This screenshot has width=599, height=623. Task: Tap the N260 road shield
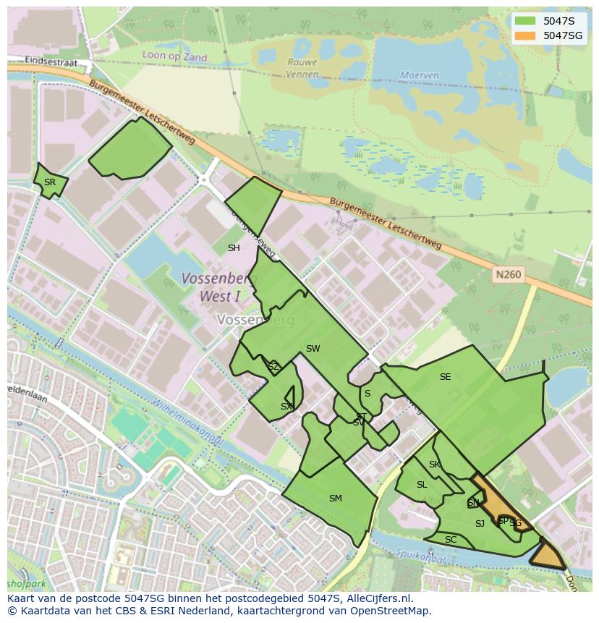(508, 275)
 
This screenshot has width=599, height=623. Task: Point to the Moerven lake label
(420, 75)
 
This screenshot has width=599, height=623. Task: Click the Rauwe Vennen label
(302, 68)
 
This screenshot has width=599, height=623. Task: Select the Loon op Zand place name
(174, 57)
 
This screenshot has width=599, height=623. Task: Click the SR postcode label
(49, 182)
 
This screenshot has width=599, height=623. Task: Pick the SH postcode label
(234, 248)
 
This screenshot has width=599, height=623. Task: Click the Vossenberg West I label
(218, 287)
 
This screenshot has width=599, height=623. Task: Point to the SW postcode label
(313, 349)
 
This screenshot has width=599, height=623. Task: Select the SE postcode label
(445, 377)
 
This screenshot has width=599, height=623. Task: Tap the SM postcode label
(335, 499)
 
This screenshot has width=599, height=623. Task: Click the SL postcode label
(422, 485)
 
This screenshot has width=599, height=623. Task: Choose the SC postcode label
(451, 540)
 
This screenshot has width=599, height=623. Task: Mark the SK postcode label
(434, 465)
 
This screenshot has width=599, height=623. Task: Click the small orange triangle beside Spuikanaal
(548, 556)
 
